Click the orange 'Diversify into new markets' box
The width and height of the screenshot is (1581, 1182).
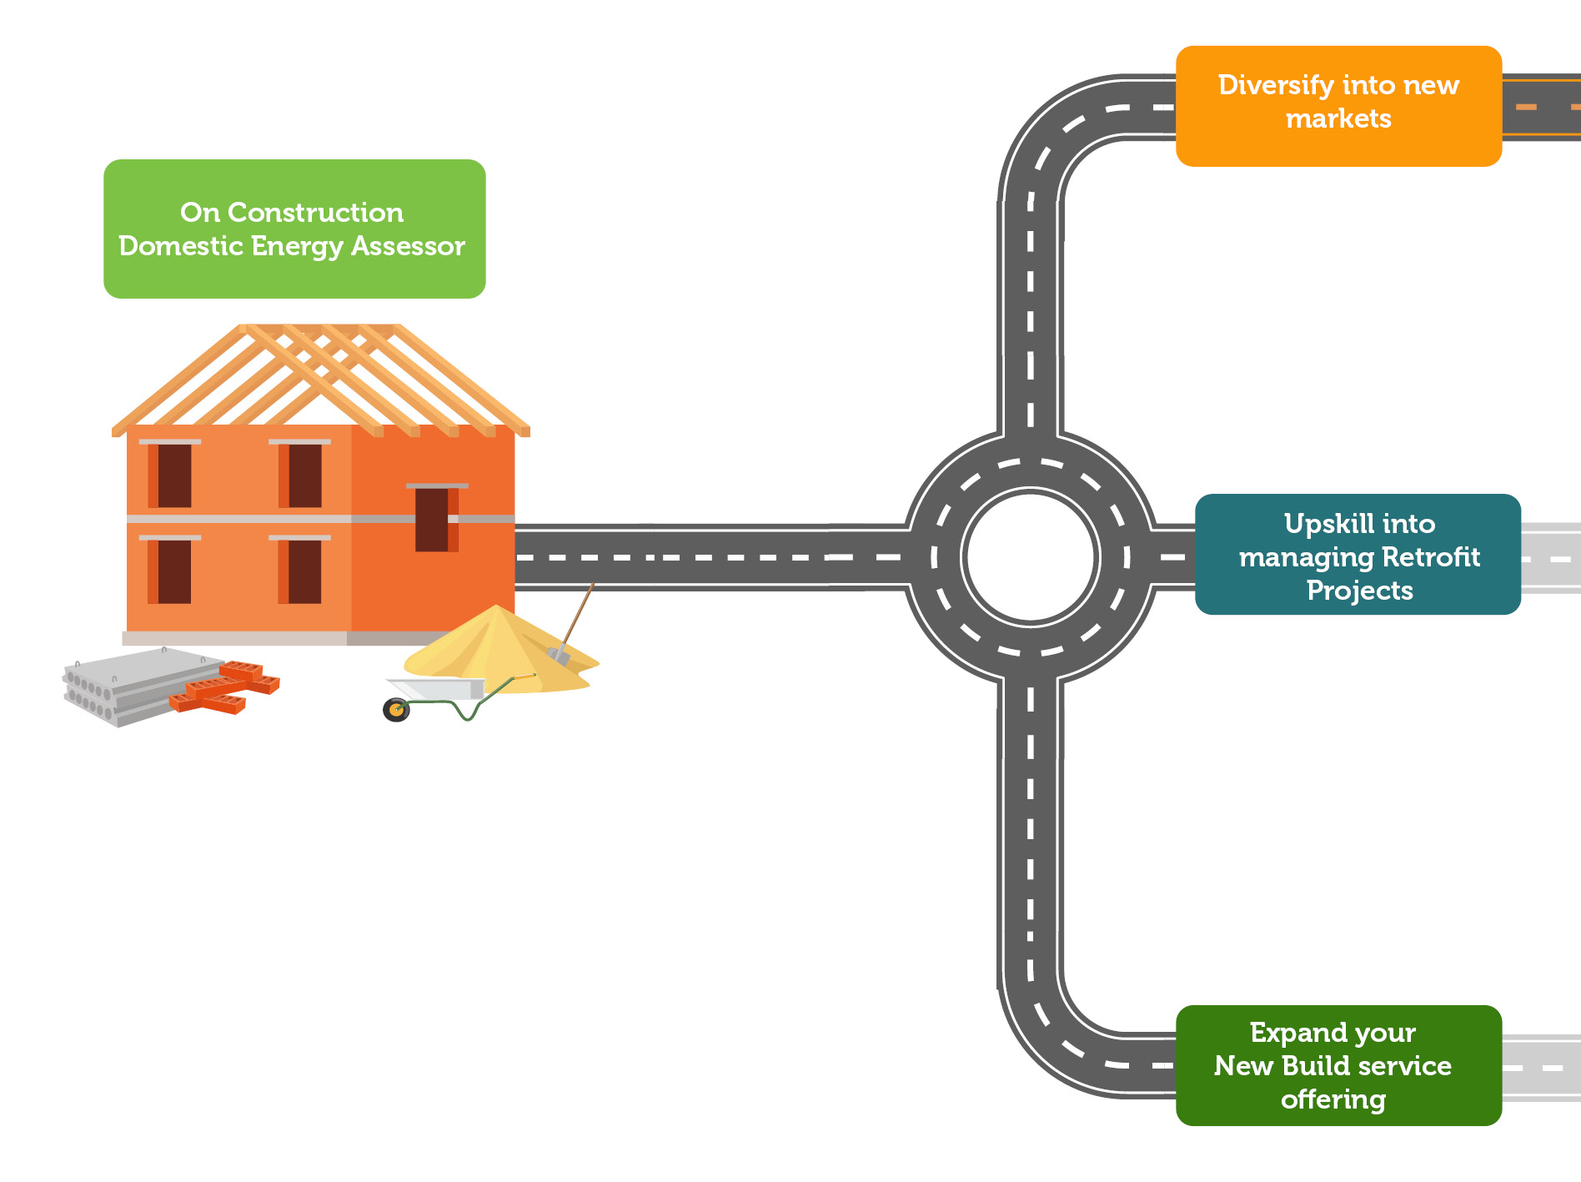(x=1338, y=106)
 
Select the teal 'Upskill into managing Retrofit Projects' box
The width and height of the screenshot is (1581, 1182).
(x=1358, y=554)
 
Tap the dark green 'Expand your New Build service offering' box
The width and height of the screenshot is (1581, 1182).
(x=1338, y=1065)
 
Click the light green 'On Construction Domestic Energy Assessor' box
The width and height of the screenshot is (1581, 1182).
(x=294, y=229)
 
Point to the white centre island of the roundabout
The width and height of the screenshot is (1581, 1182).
(x=1031, y=556)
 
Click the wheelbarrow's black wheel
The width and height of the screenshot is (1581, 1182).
(x=396, y=710)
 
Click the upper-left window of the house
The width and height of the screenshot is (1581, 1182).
(x=173, y=475)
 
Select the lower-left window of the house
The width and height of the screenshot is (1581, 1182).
(x=173, y=571)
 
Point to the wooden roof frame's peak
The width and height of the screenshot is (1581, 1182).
(x=321, y=329)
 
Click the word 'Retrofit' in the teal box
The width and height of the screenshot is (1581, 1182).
(x=1431, y=556)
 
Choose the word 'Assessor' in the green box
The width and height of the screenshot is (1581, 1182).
(x=408, y=246)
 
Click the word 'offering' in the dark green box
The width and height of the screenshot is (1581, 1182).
(x=1333, y=1099)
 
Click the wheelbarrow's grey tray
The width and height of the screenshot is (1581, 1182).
(x=438, y=689)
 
